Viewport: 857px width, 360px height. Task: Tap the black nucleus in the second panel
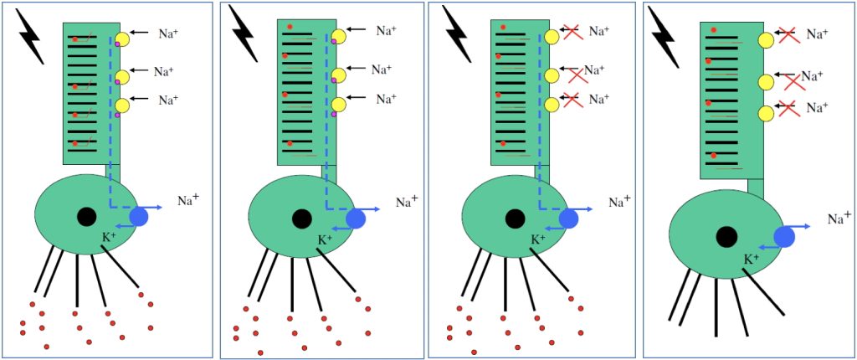point(301,219)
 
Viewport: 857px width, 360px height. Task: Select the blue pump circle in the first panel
point(138,217)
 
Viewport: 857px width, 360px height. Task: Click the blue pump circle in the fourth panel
point(784,237)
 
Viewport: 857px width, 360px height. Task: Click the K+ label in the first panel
point(110,239)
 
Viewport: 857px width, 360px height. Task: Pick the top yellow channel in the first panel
point(122,39)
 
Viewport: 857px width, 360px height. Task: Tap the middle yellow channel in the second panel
point(338,75)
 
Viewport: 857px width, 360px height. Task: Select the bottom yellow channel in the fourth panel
point(766,113)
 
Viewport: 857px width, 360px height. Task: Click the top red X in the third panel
point(572,33)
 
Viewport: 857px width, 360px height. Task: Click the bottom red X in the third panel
point(572,101)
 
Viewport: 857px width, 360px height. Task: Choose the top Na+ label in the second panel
point(386,31)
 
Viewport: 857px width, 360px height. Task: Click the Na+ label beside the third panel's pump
point(619,201)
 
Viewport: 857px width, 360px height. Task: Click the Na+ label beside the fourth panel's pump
point(839,219)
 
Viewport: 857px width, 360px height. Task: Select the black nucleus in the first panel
point(86,217)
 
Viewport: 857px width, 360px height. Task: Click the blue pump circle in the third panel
point(569,219)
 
